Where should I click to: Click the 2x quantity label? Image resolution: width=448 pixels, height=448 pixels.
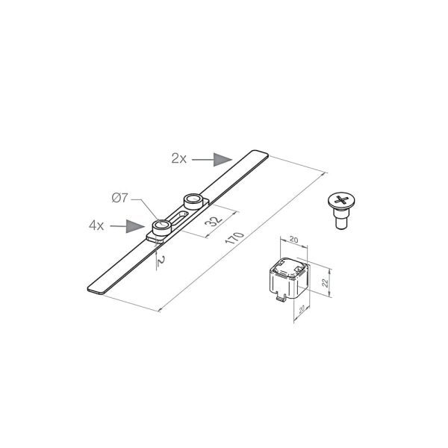[x=179, y=158]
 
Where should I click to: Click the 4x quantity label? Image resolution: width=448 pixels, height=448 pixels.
[x=96, y=225]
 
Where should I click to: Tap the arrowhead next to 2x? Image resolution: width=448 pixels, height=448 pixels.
[x=223, y=160]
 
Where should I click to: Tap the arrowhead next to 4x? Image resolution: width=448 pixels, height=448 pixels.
[x=135, y=226]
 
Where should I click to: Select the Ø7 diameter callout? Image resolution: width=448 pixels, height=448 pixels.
[x=119, y=198]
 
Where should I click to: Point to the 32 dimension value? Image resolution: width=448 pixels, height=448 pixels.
[x=214, y=220]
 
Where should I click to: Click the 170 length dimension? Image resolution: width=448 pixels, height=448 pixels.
[x=234, y=238]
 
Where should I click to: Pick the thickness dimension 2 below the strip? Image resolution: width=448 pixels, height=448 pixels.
[x=161, y=261]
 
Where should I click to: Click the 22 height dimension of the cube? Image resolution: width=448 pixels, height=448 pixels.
[x=325, y=283]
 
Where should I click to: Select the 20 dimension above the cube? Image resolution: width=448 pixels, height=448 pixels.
[x=293, y=240]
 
